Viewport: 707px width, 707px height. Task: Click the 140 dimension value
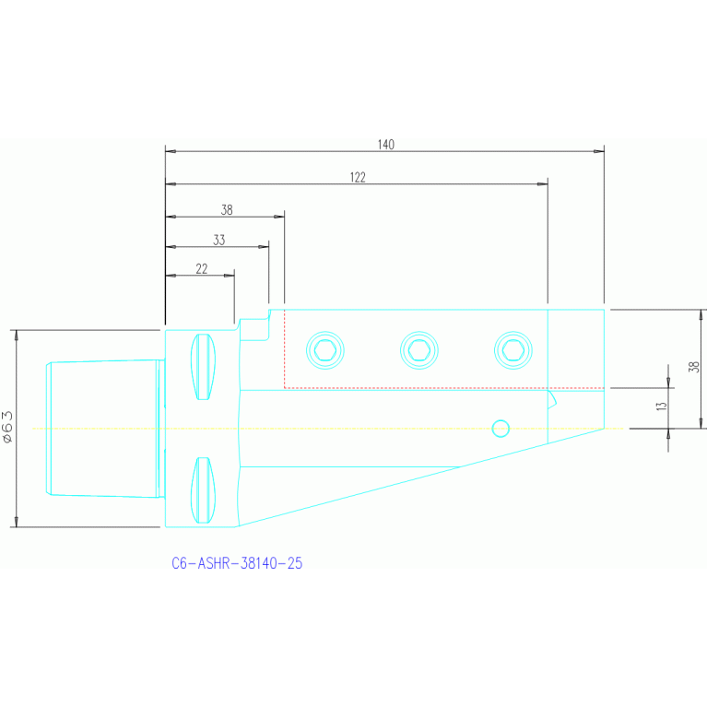click(385, 145)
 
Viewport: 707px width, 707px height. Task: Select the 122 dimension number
click(358, 178)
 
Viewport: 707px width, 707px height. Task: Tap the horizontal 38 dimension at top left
click(227, 210)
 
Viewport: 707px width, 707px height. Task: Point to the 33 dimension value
click(218, 241)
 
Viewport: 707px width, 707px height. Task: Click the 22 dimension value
click(202, 269)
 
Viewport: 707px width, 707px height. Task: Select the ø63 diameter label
click(8, 428)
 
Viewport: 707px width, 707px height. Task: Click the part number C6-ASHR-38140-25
click(237, 563)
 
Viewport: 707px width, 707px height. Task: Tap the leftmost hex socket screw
click(324, 349)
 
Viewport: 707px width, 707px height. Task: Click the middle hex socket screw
click(418, 348)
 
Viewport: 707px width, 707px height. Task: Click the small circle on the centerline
click(501, 428)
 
